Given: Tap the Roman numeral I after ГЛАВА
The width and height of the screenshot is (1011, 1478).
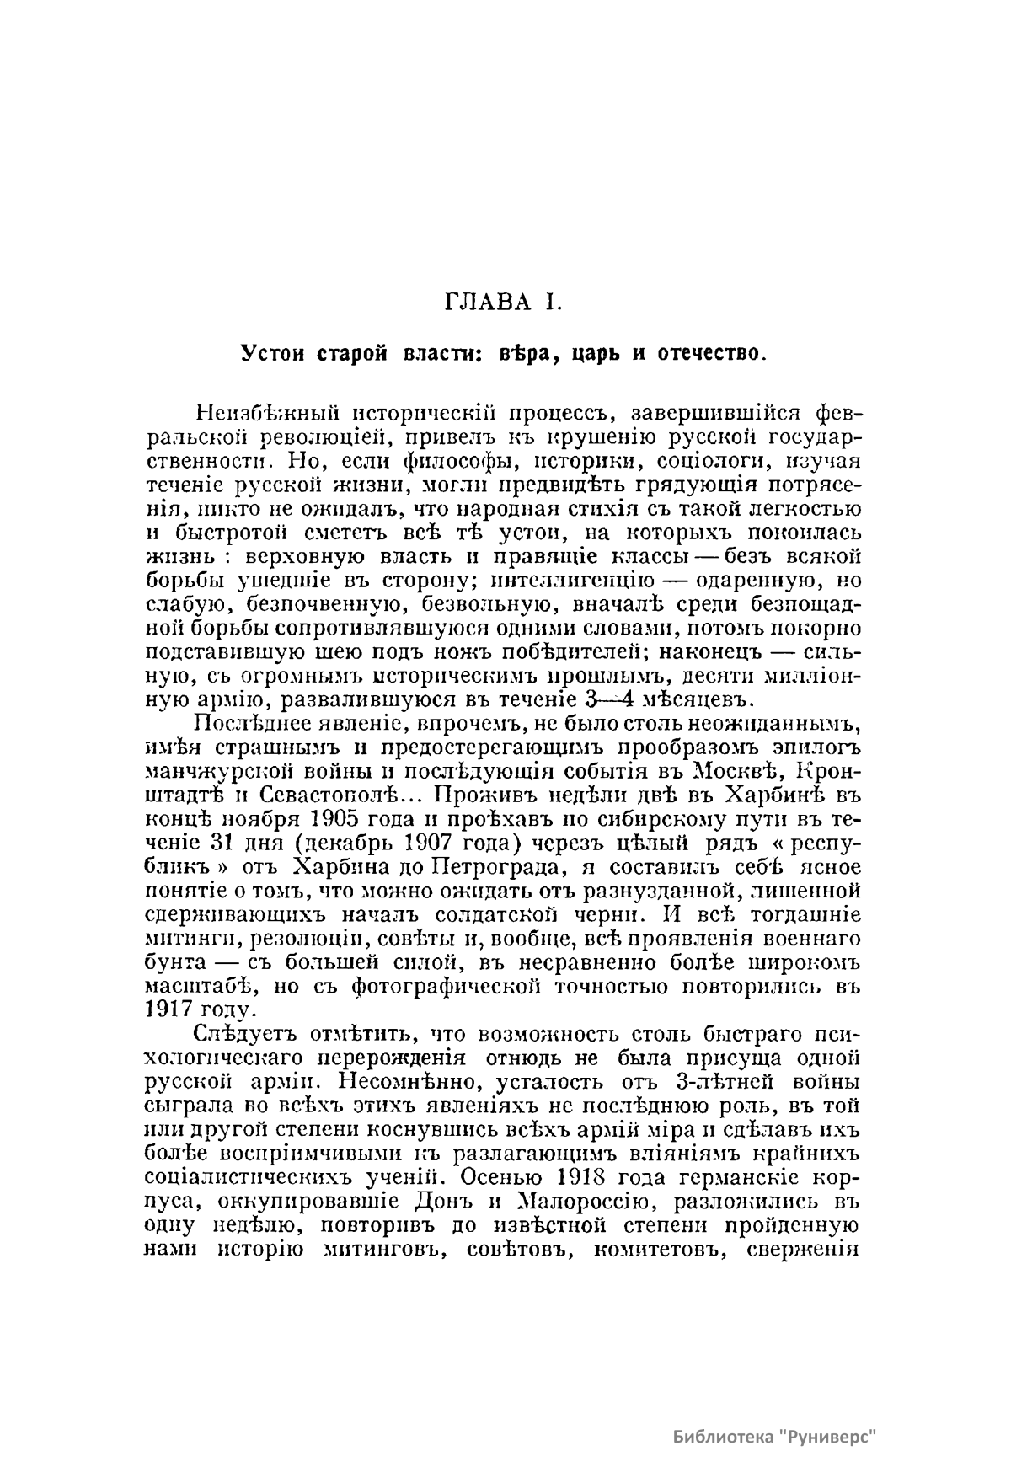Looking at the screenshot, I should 554,303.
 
